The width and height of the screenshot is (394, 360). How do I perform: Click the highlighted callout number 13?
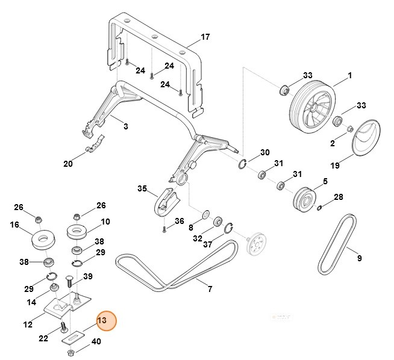[x=102, y=321]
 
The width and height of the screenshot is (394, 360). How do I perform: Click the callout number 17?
[x=205, y=37]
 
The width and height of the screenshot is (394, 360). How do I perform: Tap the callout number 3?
[x=125, y=126]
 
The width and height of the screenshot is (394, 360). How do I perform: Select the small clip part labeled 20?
[x=94, y=146]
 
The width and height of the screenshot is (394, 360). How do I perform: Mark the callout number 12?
[x=28, y=325]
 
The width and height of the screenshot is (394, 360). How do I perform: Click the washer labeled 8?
[x=205, y=214]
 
